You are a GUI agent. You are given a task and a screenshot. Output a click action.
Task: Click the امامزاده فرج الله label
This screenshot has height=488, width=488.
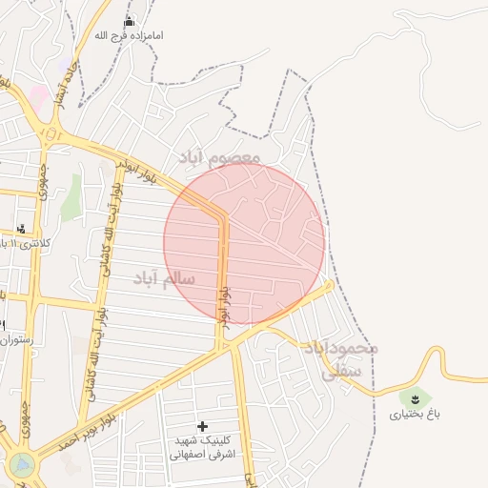(x=130, y=35)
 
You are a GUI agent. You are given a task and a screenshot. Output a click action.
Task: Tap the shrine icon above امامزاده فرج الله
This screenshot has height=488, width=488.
(x=130, y=21)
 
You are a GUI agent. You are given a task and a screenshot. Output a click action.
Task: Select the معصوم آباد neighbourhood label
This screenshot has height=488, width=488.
(x=218, y=154)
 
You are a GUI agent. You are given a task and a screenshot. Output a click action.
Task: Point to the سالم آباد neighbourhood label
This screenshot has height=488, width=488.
(x=165, y=278)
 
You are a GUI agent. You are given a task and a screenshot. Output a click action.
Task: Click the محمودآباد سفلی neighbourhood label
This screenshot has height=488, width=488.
(x=341, y=359)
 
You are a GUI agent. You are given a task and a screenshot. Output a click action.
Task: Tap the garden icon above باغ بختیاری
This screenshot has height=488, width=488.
(x=414, y=396)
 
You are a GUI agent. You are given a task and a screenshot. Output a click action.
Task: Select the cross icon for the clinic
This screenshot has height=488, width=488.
(x=202, y=425)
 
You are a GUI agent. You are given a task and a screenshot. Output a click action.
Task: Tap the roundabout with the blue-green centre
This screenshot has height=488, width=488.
(x=20, y=464)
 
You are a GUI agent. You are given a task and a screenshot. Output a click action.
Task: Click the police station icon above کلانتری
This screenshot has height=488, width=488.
(x=21, y=228)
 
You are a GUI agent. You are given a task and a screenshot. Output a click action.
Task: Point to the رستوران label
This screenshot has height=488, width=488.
(x=17, y=338)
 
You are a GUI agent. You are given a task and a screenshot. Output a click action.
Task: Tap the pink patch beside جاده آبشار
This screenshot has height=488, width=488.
(x=38, y=95)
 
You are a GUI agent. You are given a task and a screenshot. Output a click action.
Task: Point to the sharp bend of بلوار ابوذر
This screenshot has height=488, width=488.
(x=223, y=218)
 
